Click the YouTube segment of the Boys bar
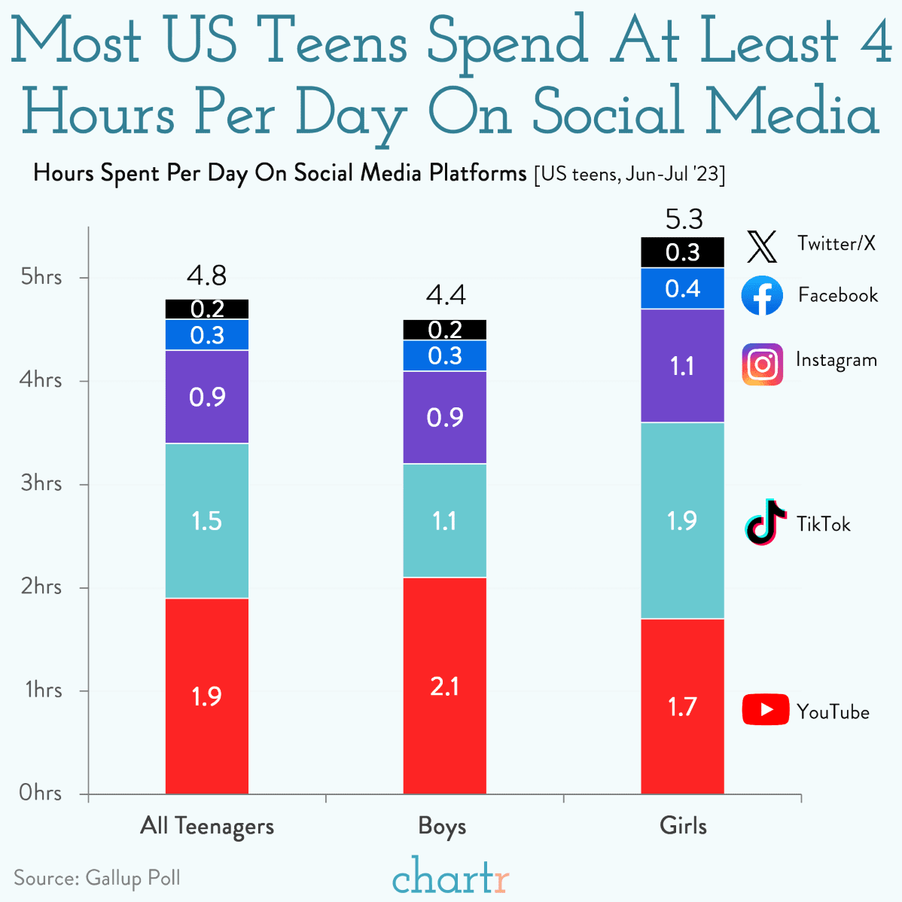point(444,685)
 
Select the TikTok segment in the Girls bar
point(682,520)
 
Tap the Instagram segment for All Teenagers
point(207,397)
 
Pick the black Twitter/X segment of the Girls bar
point(682,252)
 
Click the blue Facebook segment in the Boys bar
point(444,355)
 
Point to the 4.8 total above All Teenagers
point(207,276)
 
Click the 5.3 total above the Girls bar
point(684,219)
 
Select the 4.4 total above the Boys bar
point(446,295)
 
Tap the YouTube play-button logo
point(765,710)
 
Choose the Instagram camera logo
point(762,364)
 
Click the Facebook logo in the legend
point(762,295)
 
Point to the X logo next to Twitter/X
point(762,246)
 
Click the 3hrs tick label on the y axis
point(41,483)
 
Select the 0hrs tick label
point(41,793)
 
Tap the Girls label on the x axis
point(683,826)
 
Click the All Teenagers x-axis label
point(207,826)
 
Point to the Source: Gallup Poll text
point(97,878)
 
